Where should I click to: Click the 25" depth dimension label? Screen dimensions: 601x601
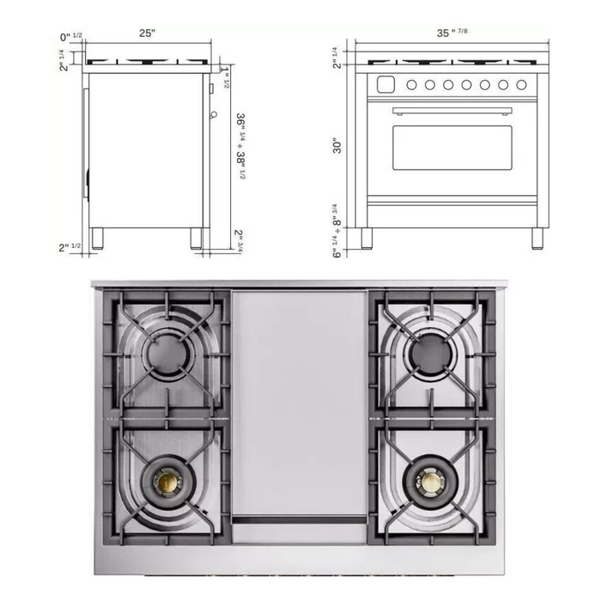click(147, 33)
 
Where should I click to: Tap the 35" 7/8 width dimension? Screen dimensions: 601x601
click(452, 33)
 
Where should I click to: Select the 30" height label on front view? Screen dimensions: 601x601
click(337, 146)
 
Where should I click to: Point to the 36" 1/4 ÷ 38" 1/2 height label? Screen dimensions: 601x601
click(240, 146)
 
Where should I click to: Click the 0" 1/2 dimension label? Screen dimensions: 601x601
click(71, 37)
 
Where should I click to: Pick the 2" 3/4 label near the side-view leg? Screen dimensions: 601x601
click(239, 240)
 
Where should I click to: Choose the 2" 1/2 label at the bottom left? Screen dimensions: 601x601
click(70, 247)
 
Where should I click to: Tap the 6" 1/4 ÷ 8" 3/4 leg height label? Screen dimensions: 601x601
click(337, 231)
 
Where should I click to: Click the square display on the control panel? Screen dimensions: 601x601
click(385, 85)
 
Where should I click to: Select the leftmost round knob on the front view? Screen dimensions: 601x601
click(411, 85)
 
